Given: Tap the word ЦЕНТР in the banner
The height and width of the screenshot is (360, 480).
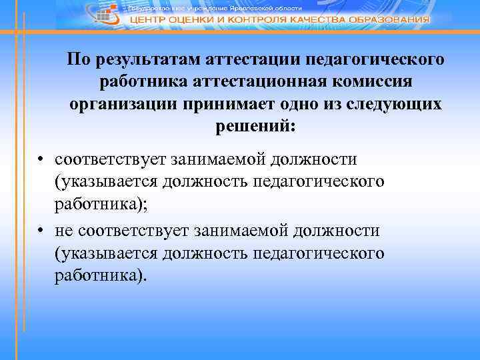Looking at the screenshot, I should pos(149,20).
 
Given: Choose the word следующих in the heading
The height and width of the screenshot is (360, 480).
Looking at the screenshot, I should pos(397,104).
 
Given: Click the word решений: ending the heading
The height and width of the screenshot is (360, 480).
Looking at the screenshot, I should pos(256,125).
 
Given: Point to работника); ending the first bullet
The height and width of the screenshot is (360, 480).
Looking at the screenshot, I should pos(102,203).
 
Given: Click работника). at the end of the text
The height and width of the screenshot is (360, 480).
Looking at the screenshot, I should pos(99,275).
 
